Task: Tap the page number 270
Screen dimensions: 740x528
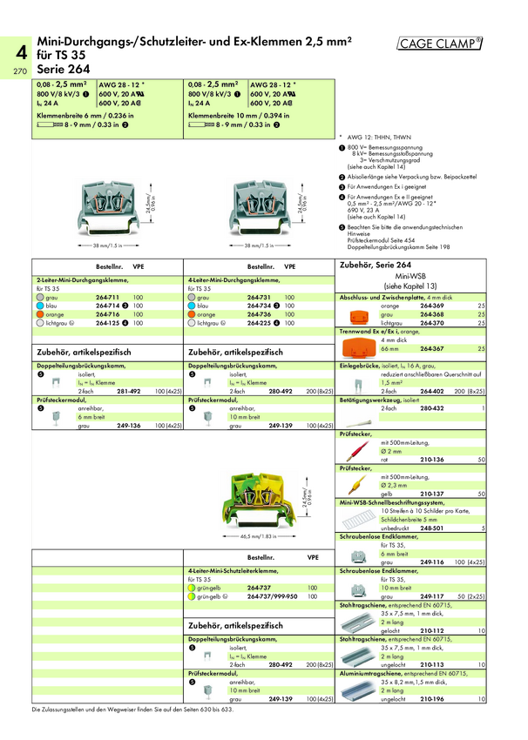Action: (x=20, y=71)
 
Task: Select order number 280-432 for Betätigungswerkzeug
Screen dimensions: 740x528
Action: (x=432, y=407)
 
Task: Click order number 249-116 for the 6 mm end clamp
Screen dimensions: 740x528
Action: (x=432, y=562)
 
